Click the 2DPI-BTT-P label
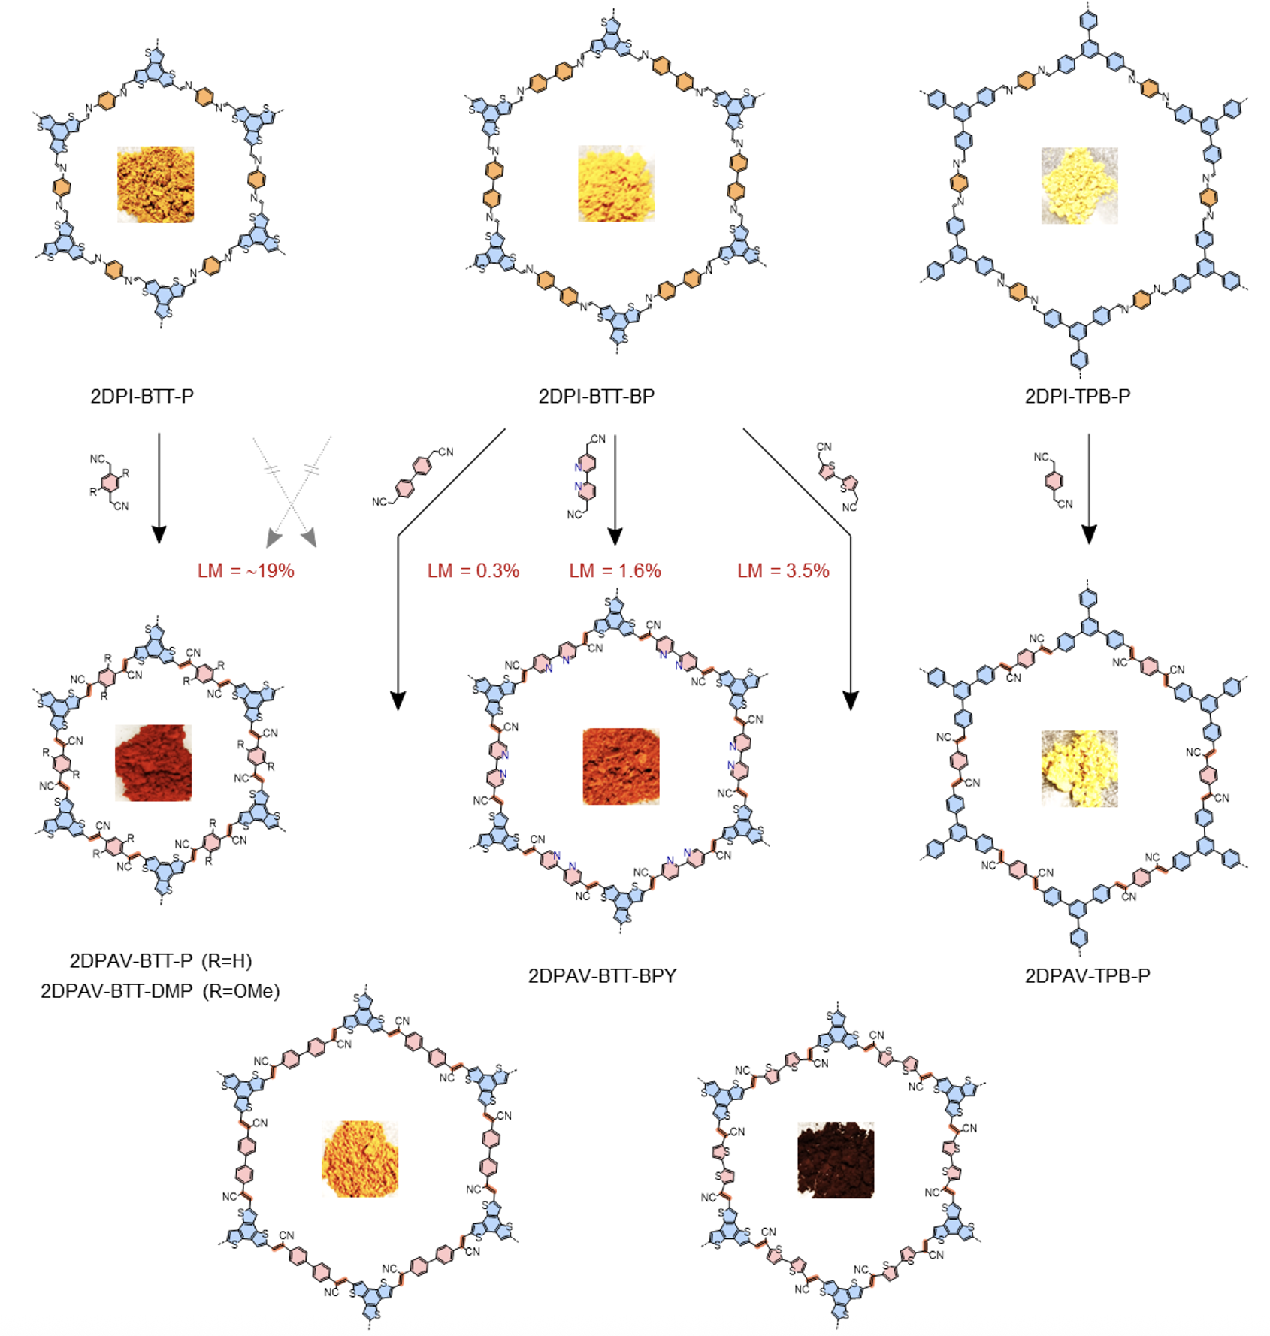point(142,396)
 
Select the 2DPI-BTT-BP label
point(596,396)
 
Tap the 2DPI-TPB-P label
point(1077,396)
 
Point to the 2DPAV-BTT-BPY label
point(602,975)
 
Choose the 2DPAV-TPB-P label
point(1087,975)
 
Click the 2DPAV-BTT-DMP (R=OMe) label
point(160,991)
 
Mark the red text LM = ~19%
point(246,571)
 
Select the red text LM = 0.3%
point(473,571)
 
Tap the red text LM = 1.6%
point(615,571)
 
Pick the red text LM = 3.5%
point(783,571)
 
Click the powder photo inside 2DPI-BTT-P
point(156,184)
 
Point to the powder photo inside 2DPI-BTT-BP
point(616,184)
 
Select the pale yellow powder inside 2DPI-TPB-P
point(1079,186)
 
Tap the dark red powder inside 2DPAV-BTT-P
point(153,763)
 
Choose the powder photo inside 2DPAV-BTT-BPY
point(621,766)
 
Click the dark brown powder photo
point(835,1159)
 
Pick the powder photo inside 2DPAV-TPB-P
point(1079,768)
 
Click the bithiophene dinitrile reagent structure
point(839,476)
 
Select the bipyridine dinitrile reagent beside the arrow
point(584,477)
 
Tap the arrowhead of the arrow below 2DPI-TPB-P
point(1088,535)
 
